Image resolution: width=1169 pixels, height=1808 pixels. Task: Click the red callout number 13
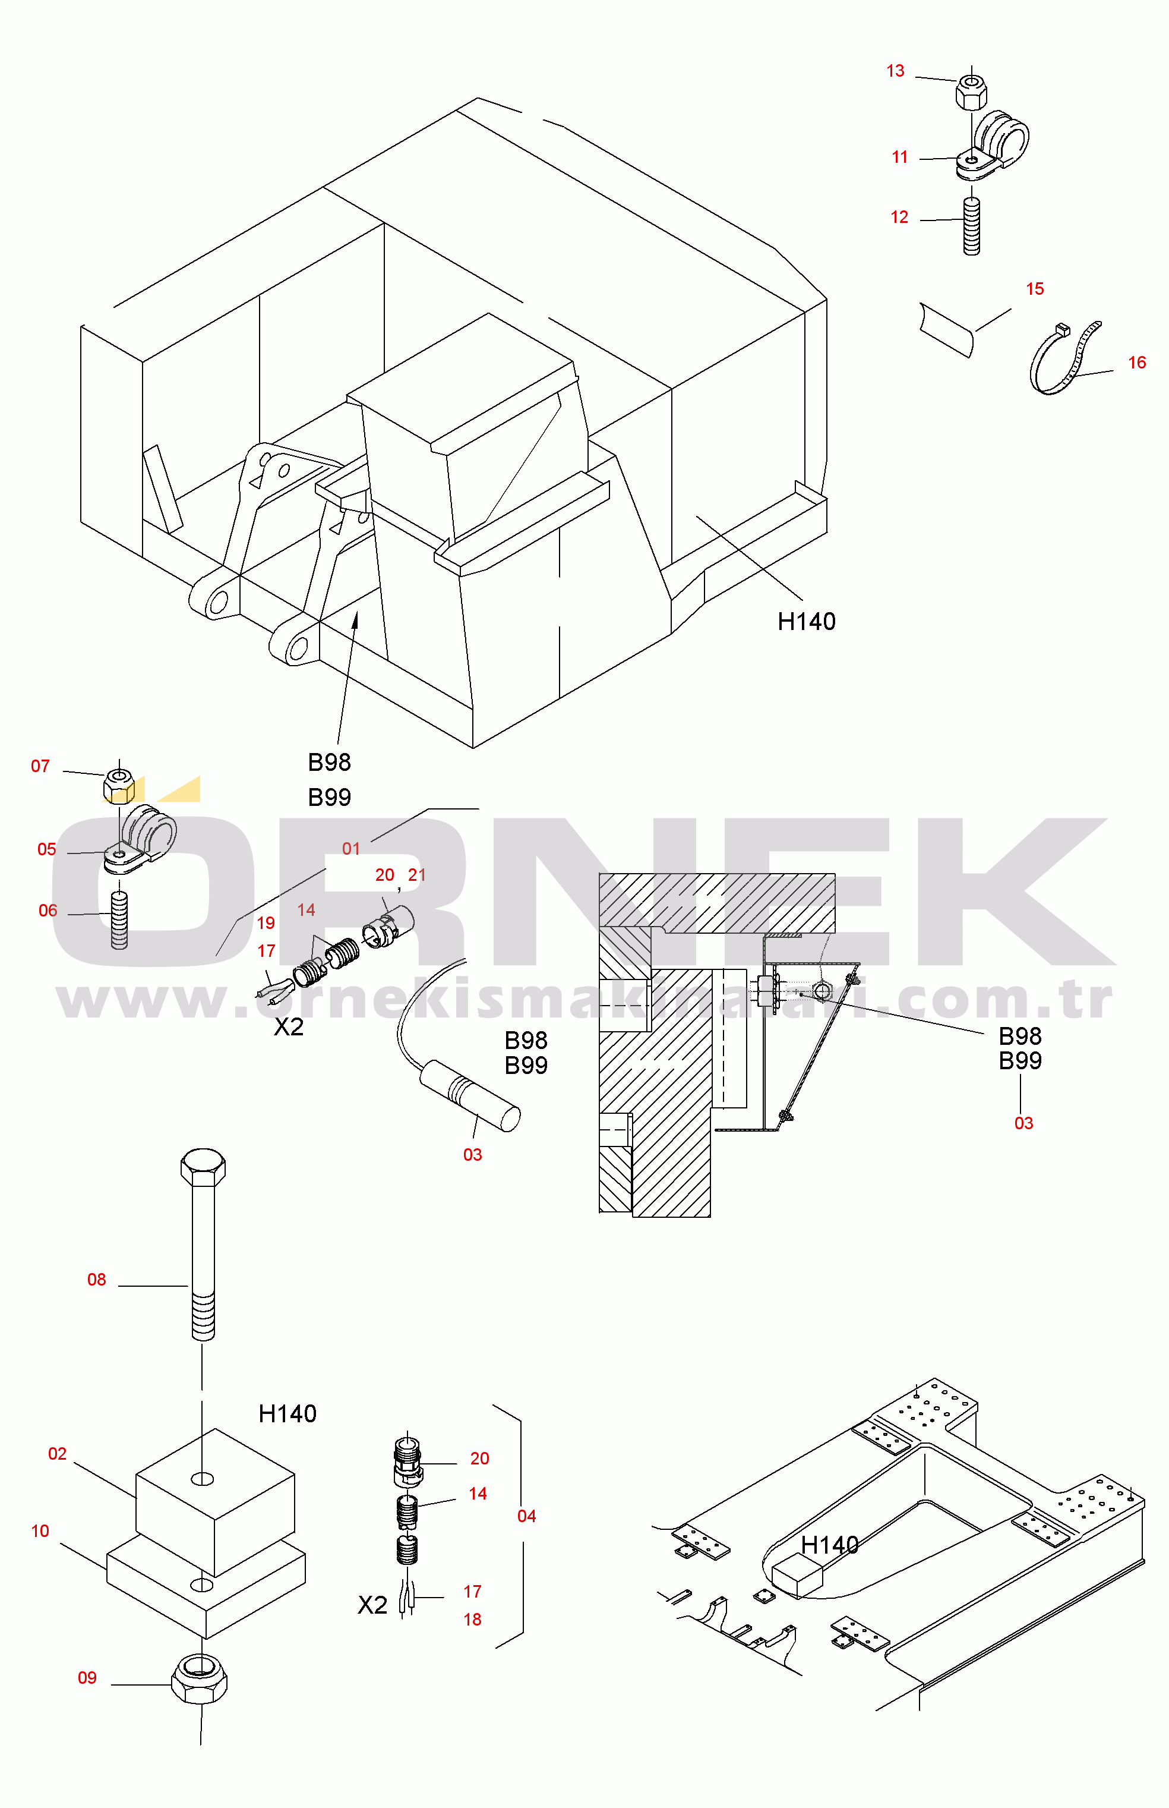tap(895, 71)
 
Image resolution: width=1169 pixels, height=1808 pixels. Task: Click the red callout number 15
tap(1035, 288)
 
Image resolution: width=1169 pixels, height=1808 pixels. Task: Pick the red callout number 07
tap(40, 766)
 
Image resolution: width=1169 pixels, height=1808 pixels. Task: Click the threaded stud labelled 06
tap(119, 919)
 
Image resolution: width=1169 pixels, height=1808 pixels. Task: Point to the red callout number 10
tap(40, 1531)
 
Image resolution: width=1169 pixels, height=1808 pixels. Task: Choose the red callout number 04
tap(527, 1516)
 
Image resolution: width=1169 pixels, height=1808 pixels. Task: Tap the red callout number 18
tap(472, 1620)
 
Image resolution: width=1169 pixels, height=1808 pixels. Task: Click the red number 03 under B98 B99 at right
tap(1024, 1123)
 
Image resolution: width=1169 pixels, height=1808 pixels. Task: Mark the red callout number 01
tap(350, 848)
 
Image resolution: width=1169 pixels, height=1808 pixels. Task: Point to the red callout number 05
tap(47, 849)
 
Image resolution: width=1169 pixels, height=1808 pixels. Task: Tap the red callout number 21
tap(417, 875)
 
